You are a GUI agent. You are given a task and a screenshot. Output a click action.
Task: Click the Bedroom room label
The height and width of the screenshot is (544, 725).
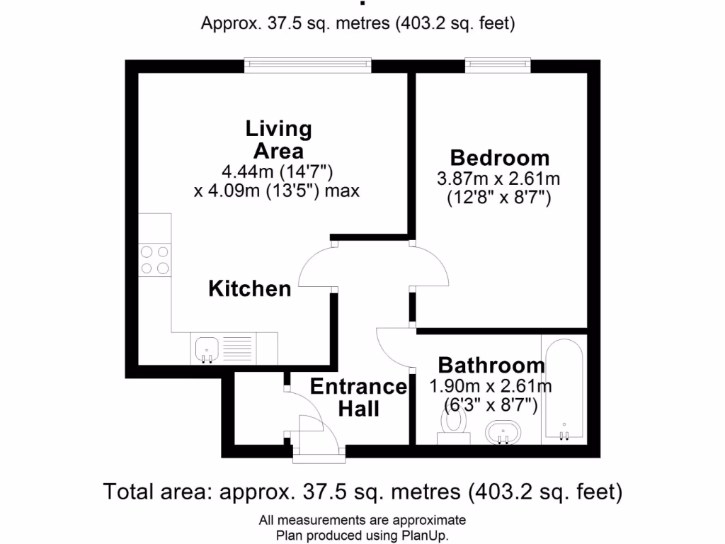(499, 157)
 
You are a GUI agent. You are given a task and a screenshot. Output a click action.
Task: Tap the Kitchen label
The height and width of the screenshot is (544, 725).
(250, 288)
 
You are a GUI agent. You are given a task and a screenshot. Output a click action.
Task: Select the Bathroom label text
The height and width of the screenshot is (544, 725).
(491, 365)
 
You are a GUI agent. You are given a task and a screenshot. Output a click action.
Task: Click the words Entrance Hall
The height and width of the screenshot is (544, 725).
(358, 397)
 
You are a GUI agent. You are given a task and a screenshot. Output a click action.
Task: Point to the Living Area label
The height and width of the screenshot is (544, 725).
(278, 140)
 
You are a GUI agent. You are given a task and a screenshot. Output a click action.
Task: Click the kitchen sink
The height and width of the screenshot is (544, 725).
(206, 348)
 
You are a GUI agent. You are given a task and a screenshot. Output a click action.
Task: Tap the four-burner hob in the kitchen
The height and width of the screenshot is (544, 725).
(155, 259)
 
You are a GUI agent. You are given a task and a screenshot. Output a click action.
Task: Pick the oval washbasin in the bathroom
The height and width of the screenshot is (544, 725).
(503, 431)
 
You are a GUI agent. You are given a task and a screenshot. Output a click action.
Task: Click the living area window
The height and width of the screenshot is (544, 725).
(308, 65)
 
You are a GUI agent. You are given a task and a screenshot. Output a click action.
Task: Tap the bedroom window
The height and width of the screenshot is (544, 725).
(498, 65)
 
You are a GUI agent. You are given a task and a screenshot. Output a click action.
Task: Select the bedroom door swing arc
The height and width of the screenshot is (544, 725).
(432, 266)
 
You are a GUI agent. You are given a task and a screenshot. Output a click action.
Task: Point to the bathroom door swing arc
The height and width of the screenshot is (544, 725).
(394, 348)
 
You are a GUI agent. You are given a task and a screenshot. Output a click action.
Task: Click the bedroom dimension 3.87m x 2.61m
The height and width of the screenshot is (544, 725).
(498, 180)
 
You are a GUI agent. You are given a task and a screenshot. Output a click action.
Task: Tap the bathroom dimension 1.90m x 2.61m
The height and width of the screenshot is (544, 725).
(491, 387)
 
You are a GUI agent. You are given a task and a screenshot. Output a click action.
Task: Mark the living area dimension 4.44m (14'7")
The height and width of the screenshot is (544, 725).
(278, 171)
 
